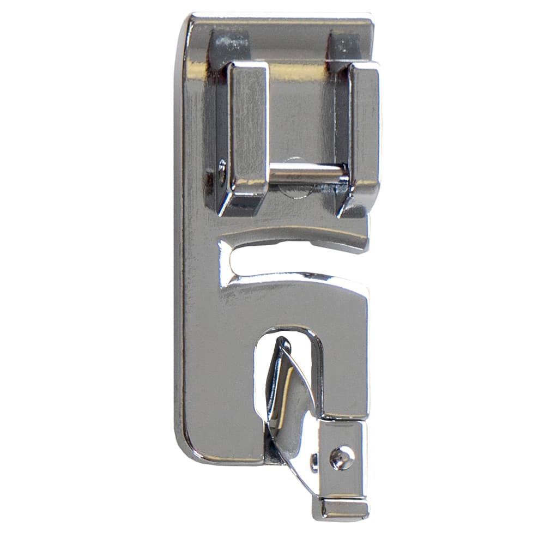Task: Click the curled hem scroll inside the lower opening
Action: coord(289,398)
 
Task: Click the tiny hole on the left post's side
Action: coord(221,169)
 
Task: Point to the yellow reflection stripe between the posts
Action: coord(300,71)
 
